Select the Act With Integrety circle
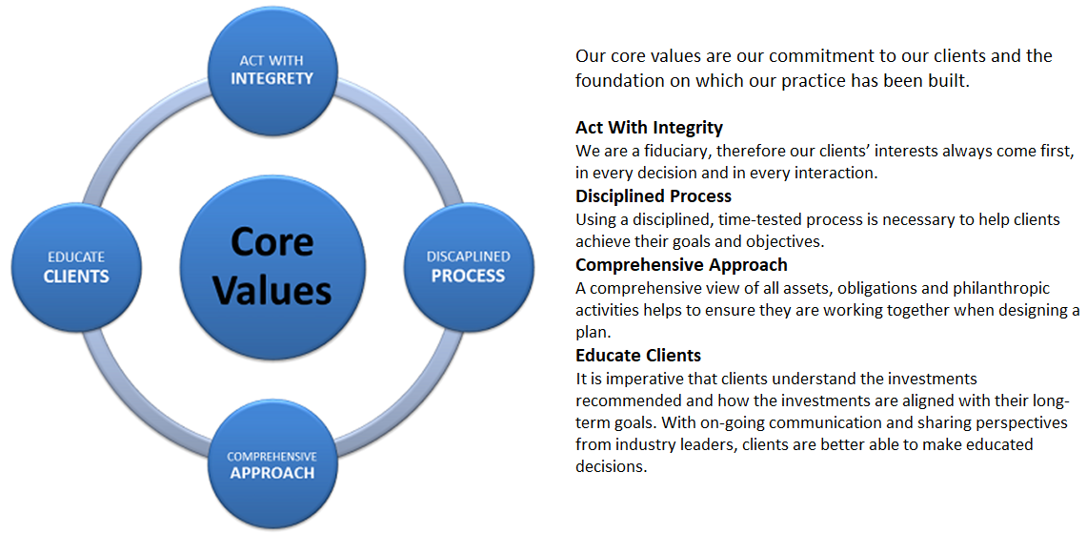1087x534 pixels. point(272,70)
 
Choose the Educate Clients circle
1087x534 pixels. point(75,267)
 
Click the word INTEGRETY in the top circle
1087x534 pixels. point(272,78)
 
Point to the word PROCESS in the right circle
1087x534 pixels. point(468,276)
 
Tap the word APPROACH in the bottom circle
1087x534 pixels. point(272,473)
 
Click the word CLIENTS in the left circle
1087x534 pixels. point(76,277)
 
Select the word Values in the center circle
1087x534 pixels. point(272,291)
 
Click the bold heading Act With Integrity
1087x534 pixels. point(649,129)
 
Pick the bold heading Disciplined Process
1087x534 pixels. point(653,197)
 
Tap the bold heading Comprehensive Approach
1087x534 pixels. point(681,266)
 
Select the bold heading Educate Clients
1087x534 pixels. point(638,356)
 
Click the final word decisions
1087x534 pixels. point(611,466)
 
